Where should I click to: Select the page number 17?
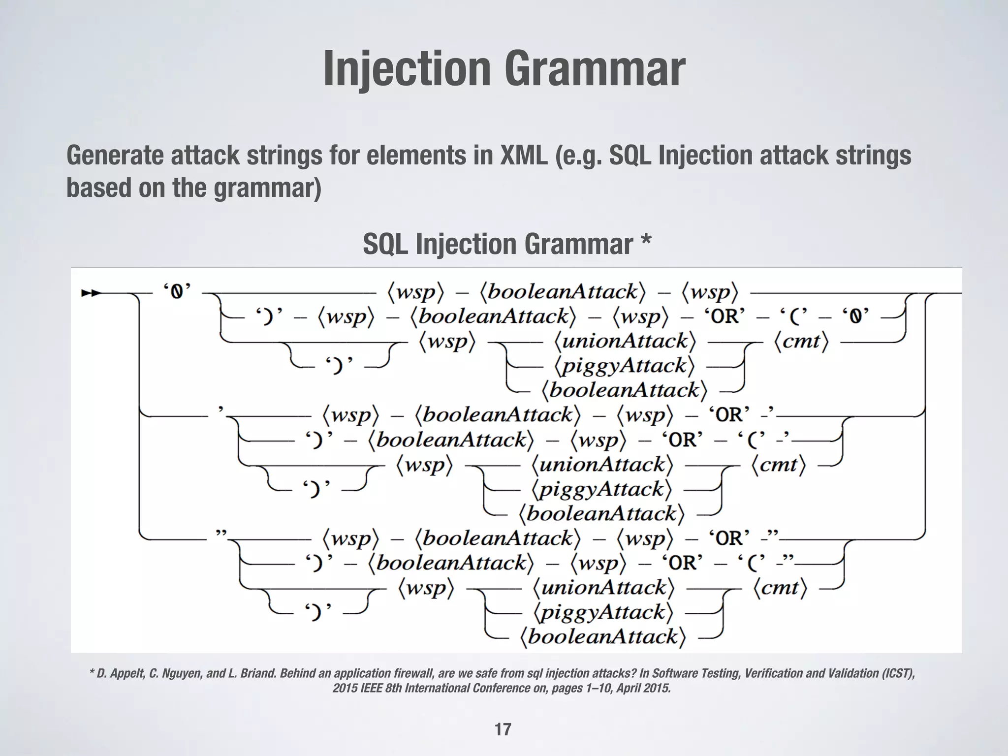503,729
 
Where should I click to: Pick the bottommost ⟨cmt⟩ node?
780,588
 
